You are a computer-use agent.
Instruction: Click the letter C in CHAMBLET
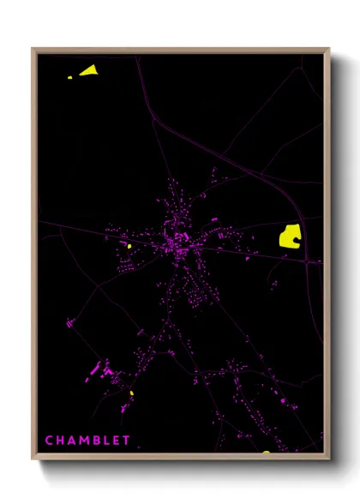[x=49, y=441]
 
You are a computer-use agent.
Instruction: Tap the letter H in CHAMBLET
[x=60, y=441]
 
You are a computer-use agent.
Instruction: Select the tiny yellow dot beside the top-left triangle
[x=71, y=77]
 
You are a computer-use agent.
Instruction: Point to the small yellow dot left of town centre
[x=129, y=246]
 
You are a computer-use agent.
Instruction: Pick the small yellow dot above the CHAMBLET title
[x=132, y=393]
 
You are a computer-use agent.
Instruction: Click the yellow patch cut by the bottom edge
[x=267, y=451]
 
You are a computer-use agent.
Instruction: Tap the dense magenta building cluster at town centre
[x=179, y=239]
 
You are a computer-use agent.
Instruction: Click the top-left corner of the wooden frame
[x=33, y=49]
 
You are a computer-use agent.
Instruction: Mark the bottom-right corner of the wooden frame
[x=328, y=459]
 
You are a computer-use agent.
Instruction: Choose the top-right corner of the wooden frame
[x=328, y=49]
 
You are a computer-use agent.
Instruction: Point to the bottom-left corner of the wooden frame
[x=33, y=459]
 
